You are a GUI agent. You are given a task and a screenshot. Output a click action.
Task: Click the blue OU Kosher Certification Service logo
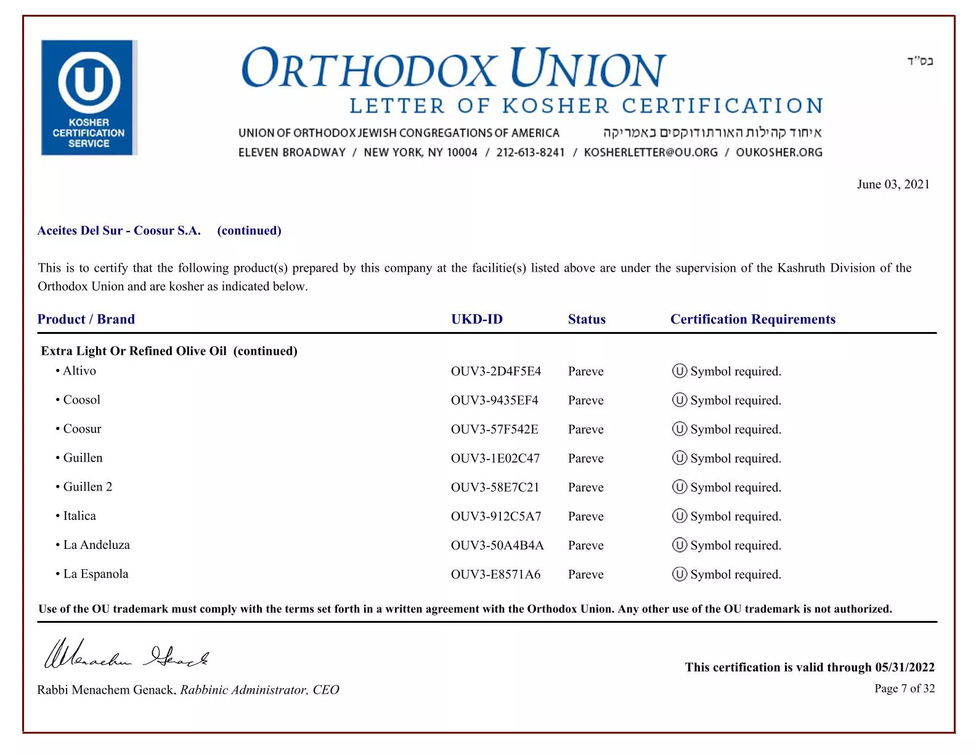[x=89, y=97]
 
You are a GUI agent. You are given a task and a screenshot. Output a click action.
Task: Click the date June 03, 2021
[x=893, y=184]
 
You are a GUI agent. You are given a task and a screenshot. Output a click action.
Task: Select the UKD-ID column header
[x=476, y=319]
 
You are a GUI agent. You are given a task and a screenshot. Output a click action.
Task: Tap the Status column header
[x=587, y=319]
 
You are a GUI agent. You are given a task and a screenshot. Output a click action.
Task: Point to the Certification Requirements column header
[x=752, y=319]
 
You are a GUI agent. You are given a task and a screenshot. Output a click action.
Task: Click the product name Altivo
[x=79, y=371]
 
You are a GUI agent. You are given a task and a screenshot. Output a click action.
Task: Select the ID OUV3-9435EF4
[x=494, y=400]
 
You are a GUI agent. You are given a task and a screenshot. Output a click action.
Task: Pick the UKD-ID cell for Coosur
[x=494, y=429]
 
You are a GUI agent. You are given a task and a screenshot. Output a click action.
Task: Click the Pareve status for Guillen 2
[x=585, y=487]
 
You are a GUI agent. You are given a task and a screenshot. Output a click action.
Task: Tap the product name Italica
[x=79, y=516]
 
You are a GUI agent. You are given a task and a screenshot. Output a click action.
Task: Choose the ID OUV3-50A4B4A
[x=497, y=545]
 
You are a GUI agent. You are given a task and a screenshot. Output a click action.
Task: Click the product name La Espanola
[x=96, y=574]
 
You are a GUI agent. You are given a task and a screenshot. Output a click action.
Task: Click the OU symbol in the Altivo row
[x=679, y=371]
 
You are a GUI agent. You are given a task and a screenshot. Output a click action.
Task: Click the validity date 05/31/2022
[x=905, y=667]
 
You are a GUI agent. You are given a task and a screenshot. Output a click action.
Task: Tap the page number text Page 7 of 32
[x=904, y=688]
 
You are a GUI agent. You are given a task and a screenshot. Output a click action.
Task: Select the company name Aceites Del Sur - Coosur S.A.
[x=119, y=230]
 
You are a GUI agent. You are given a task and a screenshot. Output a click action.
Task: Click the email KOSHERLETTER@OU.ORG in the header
[x=651, y=152]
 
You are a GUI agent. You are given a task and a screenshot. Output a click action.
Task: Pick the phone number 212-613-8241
[x=530, y=152]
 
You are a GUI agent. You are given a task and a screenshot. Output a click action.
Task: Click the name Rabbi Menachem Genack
[x=106, y=690]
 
